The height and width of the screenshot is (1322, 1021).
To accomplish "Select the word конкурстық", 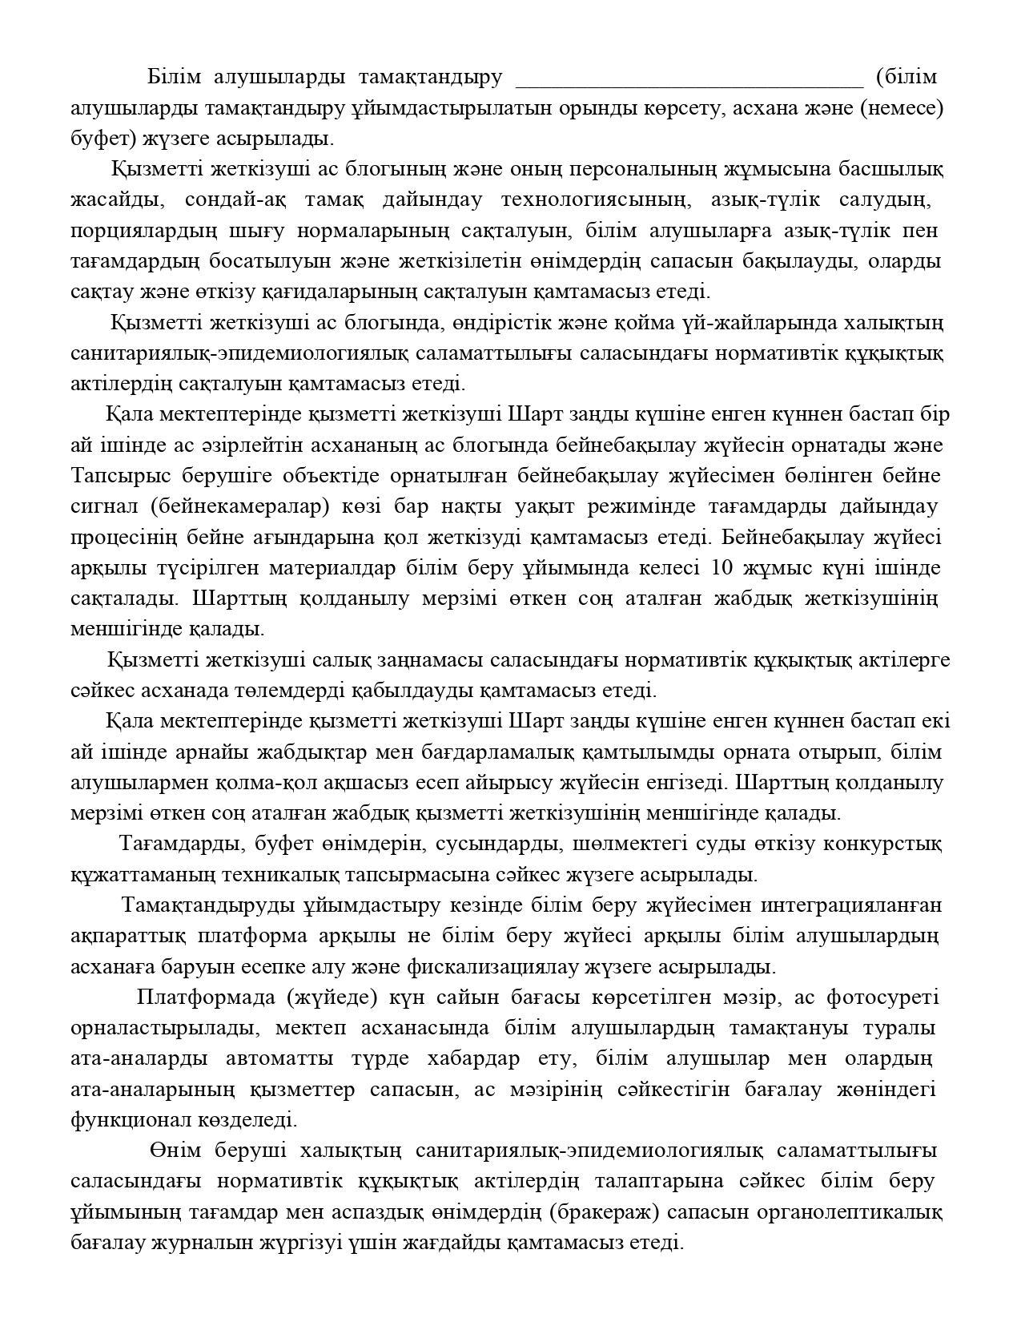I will click(890, 844).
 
